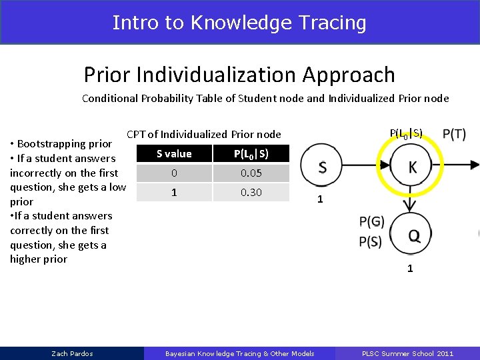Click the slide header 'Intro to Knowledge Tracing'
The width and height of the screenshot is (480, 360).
pos(239,22)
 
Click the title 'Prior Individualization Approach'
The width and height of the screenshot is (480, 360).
pos(239,75)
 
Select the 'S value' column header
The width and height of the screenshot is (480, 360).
pos(174,154)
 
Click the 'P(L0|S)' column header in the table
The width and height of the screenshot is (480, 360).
pos(251,154)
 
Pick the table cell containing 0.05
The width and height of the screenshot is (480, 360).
pos(251,173)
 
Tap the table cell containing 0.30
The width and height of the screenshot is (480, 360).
pos(251,193)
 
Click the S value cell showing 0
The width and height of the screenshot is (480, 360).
pos(174,173)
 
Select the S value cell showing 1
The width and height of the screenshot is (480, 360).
pos(174,193)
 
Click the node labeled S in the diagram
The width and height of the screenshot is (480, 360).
pos(322,167)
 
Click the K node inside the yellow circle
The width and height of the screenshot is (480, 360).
pos(413,167)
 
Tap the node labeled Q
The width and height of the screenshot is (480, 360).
pos(413,235)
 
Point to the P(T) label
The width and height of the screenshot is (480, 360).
pos(454,135)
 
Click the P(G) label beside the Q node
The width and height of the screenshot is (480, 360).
pos(371,222)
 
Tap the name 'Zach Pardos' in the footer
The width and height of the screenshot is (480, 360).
pos(72,353)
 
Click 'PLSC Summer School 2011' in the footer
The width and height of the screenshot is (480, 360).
pos(407,353)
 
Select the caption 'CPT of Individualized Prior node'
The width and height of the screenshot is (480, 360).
pos(204,135)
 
